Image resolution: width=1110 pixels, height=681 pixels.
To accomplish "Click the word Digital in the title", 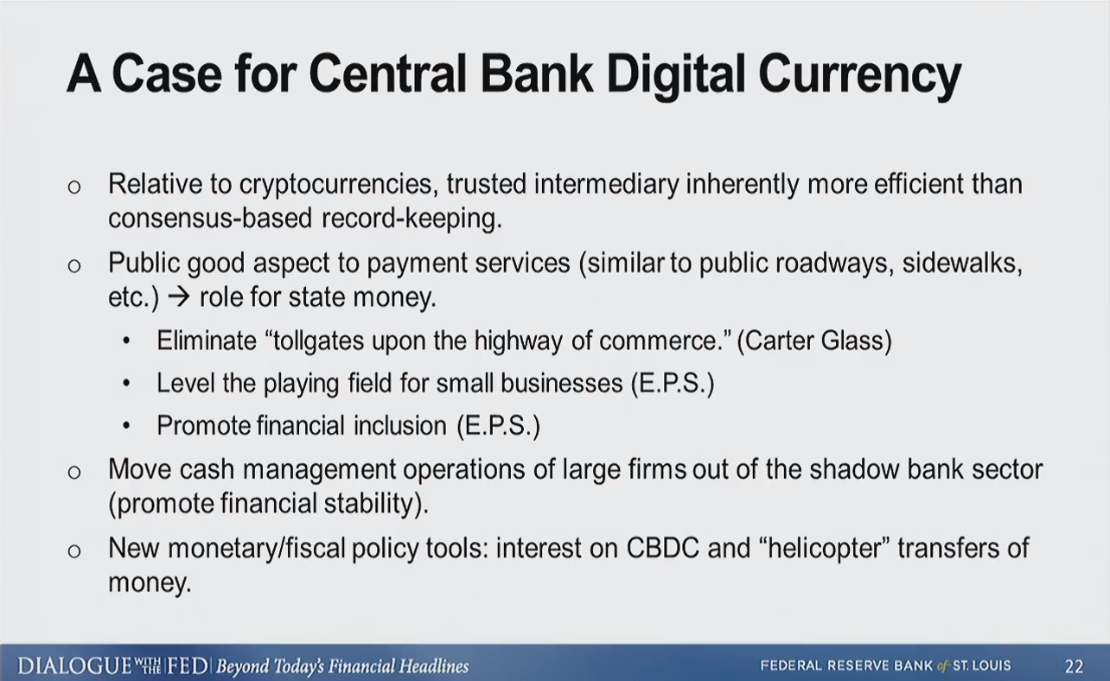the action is (675, 74).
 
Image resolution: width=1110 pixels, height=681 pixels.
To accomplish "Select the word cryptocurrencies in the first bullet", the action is (339, 184).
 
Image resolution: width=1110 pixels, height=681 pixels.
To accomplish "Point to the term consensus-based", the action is (210, 218).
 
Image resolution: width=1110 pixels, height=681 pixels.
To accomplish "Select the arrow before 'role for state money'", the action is (178, 297).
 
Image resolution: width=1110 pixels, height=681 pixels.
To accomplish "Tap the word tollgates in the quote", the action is (319, 340).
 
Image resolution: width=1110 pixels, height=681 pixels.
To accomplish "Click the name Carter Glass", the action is (814, 340).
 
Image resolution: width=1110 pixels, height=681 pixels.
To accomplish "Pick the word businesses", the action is (561, 383).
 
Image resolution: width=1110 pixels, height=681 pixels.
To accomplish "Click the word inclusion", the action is (400, 425).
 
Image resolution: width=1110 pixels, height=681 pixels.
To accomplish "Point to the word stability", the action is (368, 503).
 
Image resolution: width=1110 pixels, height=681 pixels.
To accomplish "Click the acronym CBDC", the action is (663, 548).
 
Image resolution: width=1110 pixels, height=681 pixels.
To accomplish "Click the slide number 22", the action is (1074, 666).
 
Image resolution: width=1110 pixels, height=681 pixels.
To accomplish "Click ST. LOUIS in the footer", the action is (982, 665).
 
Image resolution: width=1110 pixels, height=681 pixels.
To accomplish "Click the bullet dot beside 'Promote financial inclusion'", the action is (126, 425).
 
